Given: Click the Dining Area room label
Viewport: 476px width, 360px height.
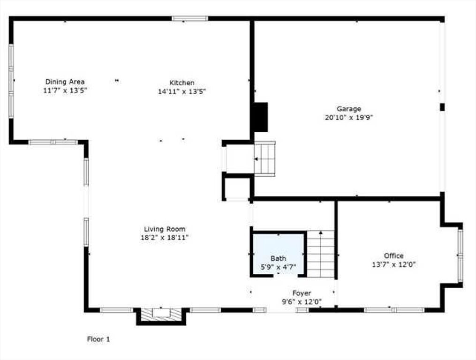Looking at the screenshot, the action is pyautogui.click(x=65, y=82).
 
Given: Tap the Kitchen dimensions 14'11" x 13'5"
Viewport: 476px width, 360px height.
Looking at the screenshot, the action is pyautogui.click(x=182, y=91).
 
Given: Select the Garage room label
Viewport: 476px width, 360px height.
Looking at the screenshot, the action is pyautogui.click(x=349, y=109).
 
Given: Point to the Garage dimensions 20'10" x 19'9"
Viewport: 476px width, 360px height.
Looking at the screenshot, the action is pyautogui.click(x=349, y=118).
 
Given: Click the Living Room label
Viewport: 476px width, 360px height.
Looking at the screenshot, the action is pyautogui.click(x=165, y=229).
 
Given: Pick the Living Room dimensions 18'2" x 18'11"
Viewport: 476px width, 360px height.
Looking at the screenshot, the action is pyautogui.click(x=165, y=238).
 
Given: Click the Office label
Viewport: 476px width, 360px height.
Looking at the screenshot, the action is pyautogui.click(x=394, y=255).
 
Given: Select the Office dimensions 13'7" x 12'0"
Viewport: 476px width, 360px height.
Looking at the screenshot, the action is pyautogui.click(x=394, y=264).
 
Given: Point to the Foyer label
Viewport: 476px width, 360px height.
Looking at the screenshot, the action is pyautogui.click(x=302, y=293).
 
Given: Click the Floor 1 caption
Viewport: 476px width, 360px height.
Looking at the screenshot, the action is pyautogui.click(x=98, y=339).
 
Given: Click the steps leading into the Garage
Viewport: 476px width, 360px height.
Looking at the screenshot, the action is pyautogui.click(x=264, y=159).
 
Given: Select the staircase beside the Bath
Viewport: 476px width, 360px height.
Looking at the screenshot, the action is pyautogui.click(x=320, y=254).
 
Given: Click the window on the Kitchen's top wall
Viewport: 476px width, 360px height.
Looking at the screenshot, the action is pyautogui.click(x=190, y=19).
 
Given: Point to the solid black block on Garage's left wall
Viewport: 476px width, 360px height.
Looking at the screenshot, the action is pyautogui.click(x=260, y=117).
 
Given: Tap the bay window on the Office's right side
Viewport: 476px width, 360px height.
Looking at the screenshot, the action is pyautogui.click(x=460, y=255).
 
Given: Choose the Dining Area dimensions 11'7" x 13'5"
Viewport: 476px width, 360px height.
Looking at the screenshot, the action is pyautogui.click(x=65, y=90).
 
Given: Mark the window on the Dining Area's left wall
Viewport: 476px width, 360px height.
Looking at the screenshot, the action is pyautogui.click(x=12, y=81).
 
